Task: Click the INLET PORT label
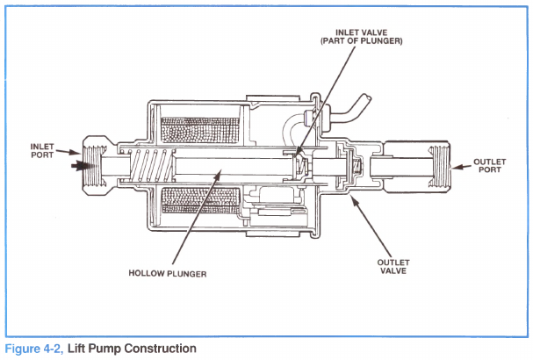[x=41, y=150]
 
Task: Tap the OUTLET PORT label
[x=489, y=164]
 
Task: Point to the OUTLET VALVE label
[x=393, y=265]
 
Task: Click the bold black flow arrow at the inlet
[x=82, y=163]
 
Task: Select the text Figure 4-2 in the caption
[x=32, y=349]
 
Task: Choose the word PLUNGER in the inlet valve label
[x=383, y=41]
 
